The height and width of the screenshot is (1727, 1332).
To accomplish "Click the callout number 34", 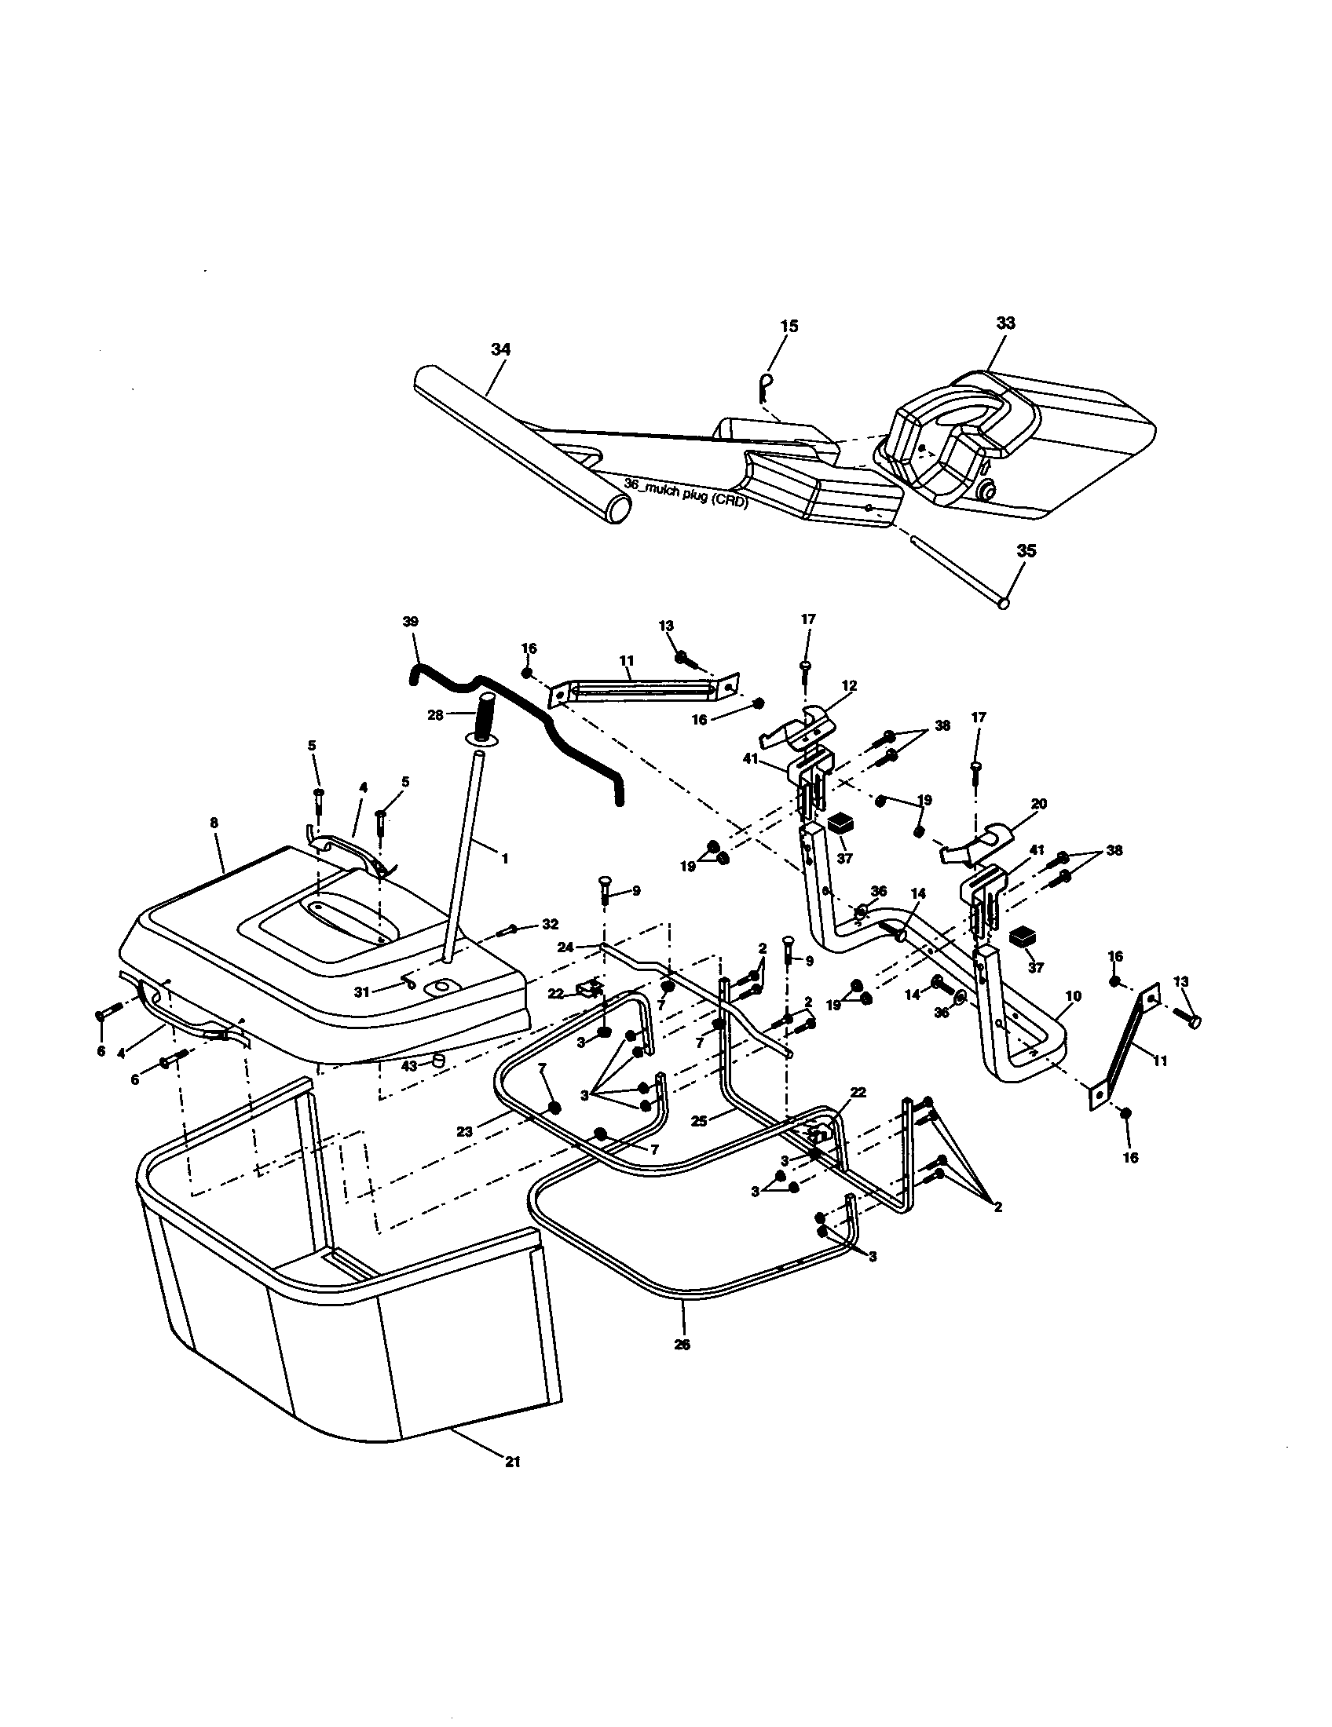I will pos(501,349).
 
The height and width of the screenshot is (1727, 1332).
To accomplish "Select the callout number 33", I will pos(1006,323).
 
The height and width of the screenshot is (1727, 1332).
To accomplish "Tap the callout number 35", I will pos(1026,551).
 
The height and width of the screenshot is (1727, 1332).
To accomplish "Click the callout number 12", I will pos(851,685).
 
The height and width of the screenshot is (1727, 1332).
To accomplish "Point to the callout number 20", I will pos(1038,803).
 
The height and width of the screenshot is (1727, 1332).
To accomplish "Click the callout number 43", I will pos(408,1066).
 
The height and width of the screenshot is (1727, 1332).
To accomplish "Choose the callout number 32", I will pos(550,924).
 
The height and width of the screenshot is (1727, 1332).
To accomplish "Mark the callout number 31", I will pos(361,991).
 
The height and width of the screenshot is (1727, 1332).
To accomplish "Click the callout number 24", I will pos(586,946).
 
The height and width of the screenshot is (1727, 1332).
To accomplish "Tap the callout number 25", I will pos(699,1120).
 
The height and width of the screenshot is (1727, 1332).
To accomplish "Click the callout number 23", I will pos(464,1131).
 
